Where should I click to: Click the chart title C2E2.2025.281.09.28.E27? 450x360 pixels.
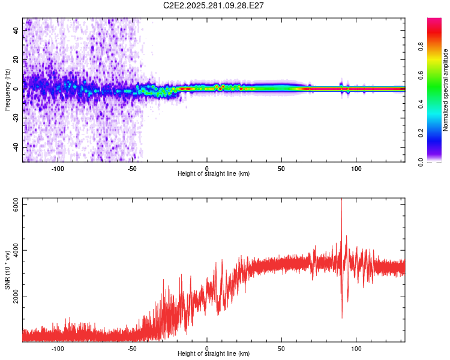214,5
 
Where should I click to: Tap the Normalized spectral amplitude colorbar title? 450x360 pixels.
445,90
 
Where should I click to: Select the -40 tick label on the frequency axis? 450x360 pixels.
16,147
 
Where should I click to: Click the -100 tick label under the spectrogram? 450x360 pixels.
58,167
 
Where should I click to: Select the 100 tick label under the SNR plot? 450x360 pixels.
356,348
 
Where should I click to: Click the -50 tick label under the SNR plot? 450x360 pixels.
132,348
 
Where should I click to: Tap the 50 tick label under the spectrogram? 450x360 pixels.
281,167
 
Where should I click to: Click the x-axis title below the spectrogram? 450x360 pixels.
214,174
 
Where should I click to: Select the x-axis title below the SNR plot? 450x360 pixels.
214,354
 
